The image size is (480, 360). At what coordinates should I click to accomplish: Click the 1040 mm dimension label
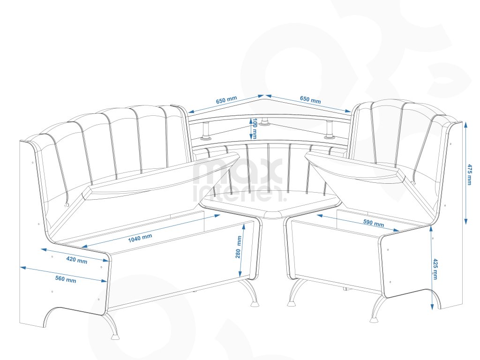(x=140, y=238)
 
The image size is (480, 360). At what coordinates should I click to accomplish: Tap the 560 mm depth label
(x=65, y=280)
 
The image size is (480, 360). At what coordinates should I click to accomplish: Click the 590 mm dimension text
(x=373, y=223)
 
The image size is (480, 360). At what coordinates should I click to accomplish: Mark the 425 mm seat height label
(x=435, y=269)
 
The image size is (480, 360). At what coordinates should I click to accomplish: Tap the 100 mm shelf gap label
(x=254, y=128)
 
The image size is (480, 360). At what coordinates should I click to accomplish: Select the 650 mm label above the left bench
(x=226, y=101)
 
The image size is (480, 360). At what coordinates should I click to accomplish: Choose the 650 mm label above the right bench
(x=310, y=100)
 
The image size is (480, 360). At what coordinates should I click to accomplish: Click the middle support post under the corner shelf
(x=266, y=121)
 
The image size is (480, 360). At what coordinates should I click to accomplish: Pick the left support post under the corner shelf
(x=205, y=131)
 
